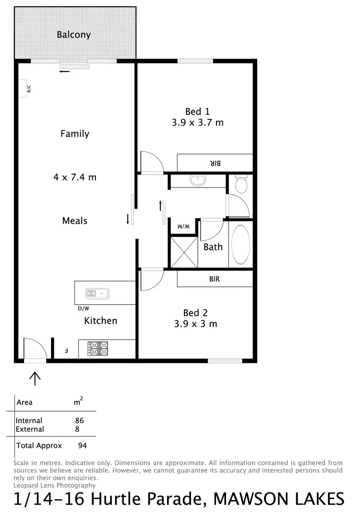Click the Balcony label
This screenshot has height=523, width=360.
click(x=73, y=35)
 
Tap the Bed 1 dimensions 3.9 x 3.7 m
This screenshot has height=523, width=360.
click(x=197, y=122)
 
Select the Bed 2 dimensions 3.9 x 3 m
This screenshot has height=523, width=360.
click(x=195, y=324)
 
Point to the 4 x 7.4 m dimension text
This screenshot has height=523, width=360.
click(x=75, y=177)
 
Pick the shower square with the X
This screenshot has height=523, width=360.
click(x=184, y=251)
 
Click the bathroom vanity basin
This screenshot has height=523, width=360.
click(x=197, y=181)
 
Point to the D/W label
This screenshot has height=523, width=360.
click(x=84, y=309)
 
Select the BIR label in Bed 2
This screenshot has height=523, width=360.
click(x=215, y=279)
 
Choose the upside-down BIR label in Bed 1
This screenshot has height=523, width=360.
click(x=215, y=163)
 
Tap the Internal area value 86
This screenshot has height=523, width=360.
click(x=79, y=421)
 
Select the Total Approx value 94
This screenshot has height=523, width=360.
click(x=82, y=445)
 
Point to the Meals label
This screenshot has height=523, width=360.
click(x=75, y=221)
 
